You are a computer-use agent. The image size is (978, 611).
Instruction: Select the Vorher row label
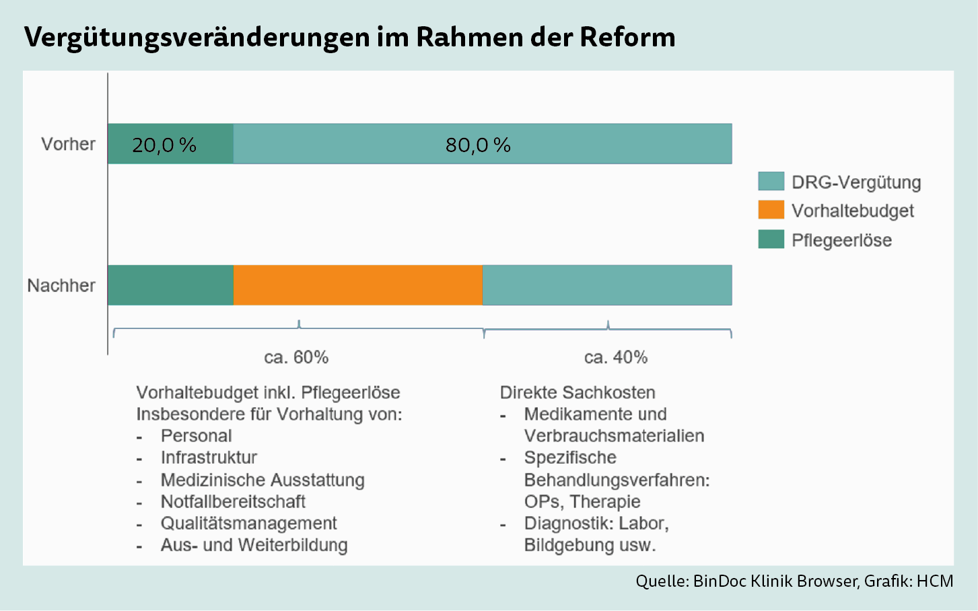(x=68, y=144)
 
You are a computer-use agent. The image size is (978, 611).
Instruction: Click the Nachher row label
(x=61, y=285)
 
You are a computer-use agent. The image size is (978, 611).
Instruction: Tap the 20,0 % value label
(x=164, y=145)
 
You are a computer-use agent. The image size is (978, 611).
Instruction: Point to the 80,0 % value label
(x=478, y=145)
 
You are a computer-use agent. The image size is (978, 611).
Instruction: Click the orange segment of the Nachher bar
(x=357, y=285)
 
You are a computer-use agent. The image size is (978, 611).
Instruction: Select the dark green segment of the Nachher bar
(x=170, y=285)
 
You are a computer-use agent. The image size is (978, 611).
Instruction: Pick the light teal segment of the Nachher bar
(x=607, y=285)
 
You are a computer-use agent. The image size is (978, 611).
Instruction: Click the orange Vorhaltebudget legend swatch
(x=771, y=210)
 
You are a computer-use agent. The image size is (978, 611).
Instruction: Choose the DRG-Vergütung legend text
(x=855, y=182)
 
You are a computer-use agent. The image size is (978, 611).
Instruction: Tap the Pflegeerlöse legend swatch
(x=771, y=239)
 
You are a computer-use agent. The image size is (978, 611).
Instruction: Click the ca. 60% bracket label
(x=296, y=357)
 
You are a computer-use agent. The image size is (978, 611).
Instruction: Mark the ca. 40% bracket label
(x=615, y=357)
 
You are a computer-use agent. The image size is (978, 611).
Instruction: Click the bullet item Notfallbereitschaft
(x=233, y=502)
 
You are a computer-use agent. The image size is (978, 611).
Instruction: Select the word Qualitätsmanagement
(x=248, y=524)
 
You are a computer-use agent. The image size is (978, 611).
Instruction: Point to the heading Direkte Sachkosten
(x=578, y=392)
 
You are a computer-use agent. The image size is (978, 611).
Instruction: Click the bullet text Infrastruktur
(x=209, y=458)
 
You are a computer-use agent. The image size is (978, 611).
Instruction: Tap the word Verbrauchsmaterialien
(x=614, y=436)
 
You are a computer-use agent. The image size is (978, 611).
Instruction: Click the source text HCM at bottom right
(x=935, y=581)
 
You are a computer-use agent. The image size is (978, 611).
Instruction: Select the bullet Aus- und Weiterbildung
(x=254, y=545)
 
